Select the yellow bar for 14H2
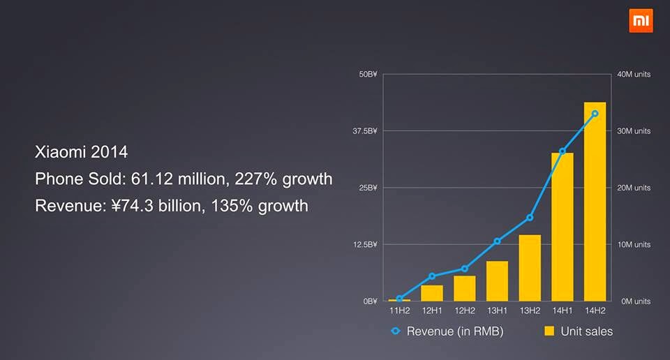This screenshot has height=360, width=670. [x=595, y=202]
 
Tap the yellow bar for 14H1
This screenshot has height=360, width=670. [x=562, y=227]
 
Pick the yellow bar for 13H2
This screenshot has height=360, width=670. [x=530, y=268]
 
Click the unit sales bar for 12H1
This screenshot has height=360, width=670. [x=432, y=293]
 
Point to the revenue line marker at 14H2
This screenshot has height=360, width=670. [x=595, y=113]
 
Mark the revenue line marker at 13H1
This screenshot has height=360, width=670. [x=497, y=241]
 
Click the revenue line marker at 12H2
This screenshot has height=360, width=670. [x=465, y=269]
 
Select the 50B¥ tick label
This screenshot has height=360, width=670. [x=368, y=75]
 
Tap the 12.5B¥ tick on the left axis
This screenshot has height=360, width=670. [x=366, y=245]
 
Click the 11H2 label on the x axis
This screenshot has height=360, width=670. [x=399, y=311]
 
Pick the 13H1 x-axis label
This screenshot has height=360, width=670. [x=497, y=311]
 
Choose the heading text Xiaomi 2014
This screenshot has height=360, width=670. [x=82, y=152]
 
